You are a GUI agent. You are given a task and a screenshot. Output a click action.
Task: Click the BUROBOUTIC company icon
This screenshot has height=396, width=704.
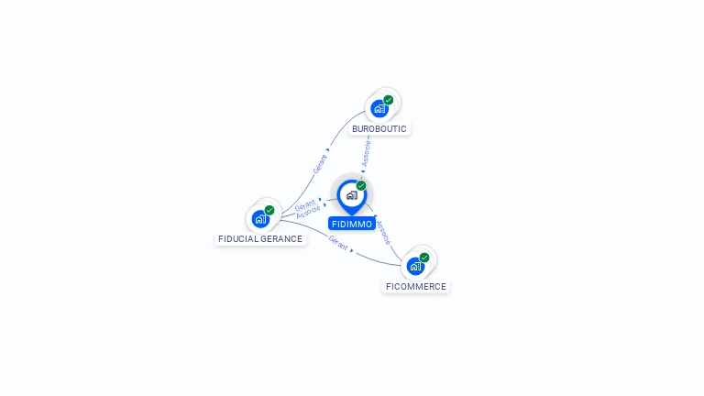(x=379, y=109)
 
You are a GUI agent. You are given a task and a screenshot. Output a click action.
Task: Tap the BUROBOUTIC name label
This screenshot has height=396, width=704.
(x=379, y=129)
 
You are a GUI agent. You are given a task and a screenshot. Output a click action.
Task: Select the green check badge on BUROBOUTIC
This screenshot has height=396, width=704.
(x=389, y=100)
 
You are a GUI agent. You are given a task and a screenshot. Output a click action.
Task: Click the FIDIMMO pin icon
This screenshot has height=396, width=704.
(x=351, y=195)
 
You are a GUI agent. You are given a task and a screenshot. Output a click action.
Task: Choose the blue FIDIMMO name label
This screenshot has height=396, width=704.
(x=352, y=224)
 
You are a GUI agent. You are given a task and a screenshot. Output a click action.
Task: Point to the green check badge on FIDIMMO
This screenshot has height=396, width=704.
(x=361, y=186)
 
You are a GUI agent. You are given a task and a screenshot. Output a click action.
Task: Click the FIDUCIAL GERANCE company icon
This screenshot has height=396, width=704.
(x=260, y=219)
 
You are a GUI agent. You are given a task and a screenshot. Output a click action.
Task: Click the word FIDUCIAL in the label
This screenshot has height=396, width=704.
(x=238, y=239)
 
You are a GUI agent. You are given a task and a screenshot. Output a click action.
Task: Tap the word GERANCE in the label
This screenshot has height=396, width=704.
(x=281, y=239)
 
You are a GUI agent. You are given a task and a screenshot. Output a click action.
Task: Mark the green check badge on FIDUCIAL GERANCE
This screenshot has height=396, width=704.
(x=269, y=210)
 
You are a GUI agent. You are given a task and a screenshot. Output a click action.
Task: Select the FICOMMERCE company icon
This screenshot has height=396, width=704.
(x=415, y=267)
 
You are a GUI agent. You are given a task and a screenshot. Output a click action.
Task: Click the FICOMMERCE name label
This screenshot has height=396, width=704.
(x=416, y=287)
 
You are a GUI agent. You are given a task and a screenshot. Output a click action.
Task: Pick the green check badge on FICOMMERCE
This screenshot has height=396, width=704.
(x=424, y=258)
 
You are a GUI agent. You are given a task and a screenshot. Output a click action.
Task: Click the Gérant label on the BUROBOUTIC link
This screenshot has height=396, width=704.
(x=320, y=163)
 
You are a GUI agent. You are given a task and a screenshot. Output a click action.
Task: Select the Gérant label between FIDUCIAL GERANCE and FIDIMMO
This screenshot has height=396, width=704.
(x=305, y=203)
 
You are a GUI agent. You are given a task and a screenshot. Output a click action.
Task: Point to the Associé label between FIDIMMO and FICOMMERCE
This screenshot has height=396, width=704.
(x=383, y=231)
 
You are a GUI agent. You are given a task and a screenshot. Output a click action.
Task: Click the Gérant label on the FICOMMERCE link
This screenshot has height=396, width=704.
(x=338, y=243)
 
